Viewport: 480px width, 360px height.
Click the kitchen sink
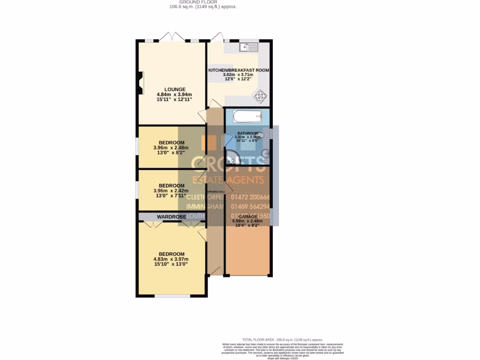(x=248, y=47)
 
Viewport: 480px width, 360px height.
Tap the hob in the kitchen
(x=260, y=97)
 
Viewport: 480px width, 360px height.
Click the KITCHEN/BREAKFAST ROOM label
(x=239, y=70)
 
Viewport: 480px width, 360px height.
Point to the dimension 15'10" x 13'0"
(x=171, y=264)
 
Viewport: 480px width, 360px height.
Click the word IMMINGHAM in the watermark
(x=206, y=207)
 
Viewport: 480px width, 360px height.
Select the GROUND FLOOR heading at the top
(x=203, y=2)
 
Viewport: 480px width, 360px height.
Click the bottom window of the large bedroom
(x=171, y=296)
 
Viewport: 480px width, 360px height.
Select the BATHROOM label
(x=247, y=133)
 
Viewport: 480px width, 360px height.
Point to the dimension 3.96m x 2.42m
(x=171, y=191)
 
